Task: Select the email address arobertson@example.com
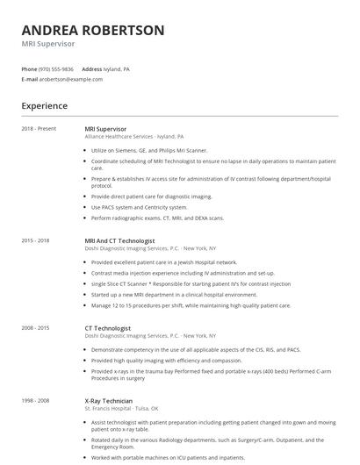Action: click(x=71, y=79)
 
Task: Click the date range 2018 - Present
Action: click(x=38, y=129)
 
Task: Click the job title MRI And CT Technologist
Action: click(x=119, y=240)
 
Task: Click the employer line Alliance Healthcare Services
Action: click(x=133, y=137)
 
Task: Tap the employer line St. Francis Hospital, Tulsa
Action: click(x=121, y=408)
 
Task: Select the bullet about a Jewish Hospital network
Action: click(x=164, y=261)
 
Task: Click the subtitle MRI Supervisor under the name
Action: click(x=48, y=43)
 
